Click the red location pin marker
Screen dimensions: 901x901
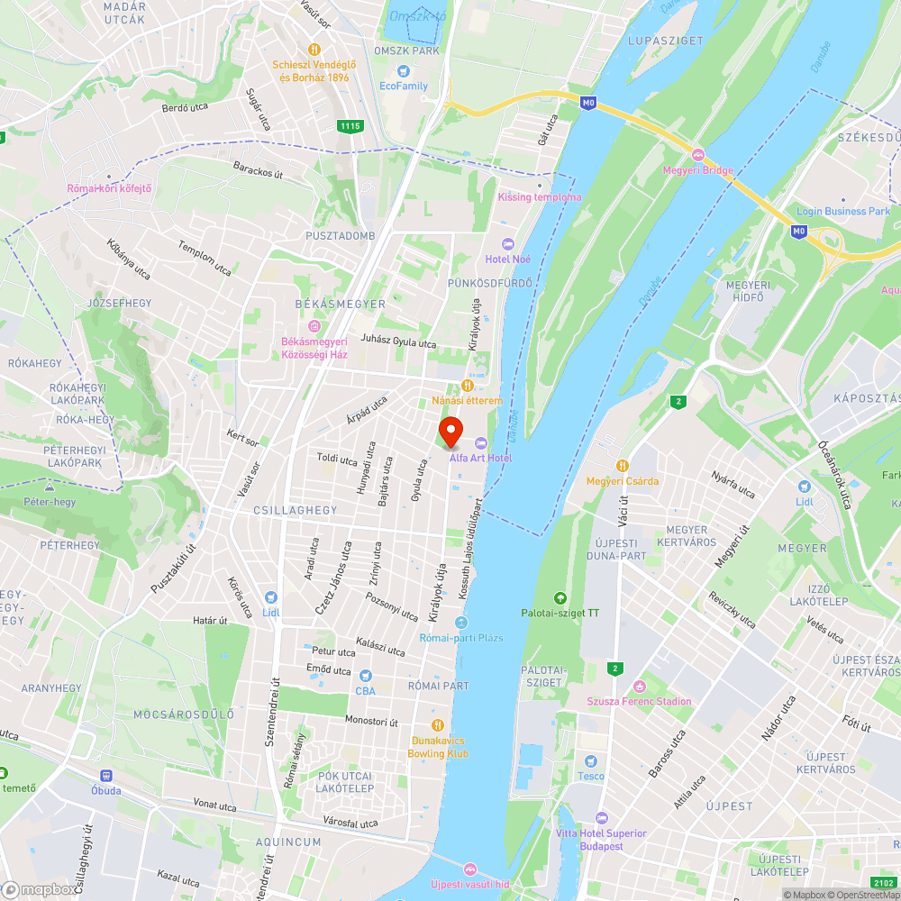pyautogui.click(x=450, y=432)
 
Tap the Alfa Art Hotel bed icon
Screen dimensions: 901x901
pyautogui.click(x=480, y=441)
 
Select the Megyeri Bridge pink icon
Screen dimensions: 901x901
pyautogui.click(x=697, y=153)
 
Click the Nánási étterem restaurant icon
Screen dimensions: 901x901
pyautogui.click(x=467, y=385)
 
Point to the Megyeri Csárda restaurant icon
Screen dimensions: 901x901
pyautogui.click(x=622, y=465)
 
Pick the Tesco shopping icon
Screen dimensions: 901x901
pyautogui.click(x=591, y=761)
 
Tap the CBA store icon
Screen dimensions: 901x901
pyautogui.click(x=365, y=676)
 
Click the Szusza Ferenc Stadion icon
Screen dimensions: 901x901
pyautogui.click(x=640, y=687)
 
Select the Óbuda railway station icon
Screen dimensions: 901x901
pyautogui.click(x=107, y=775)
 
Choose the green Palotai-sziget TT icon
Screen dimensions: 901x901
pyautogui.click(x=560, y=597)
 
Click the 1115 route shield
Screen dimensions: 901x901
pyautogui.click(x=351, y=126)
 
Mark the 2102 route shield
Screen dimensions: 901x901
pyautogui.click(x=884, y=883)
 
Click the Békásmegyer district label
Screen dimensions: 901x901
pyautogui.click(x=341, y=304)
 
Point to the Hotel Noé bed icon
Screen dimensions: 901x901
pyautogui.click(x=506, y=243)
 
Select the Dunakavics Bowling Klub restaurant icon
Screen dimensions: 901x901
pyautogui.click(x=438, y=725)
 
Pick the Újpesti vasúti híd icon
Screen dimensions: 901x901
pyautogui.click(x=469, y=869)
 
